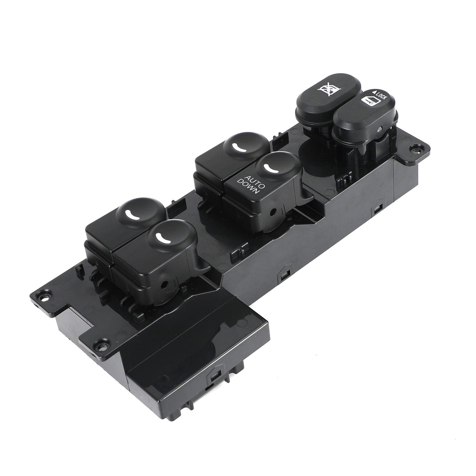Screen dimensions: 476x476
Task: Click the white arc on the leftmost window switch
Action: point(132,214)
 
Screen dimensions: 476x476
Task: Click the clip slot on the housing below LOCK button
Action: point(377,208)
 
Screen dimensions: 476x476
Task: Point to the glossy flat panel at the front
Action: point(184,329)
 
